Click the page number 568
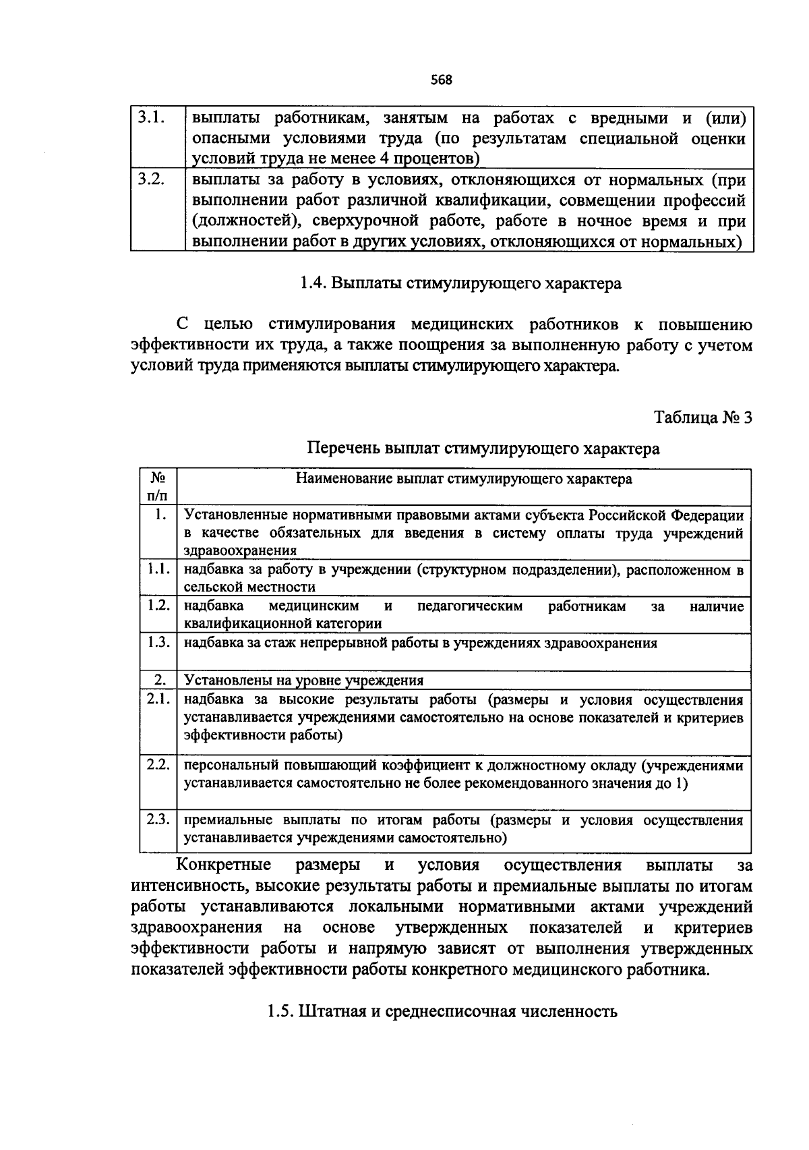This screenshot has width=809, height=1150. [x=441, y=80]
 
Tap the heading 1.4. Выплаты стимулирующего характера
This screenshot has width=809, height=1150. [x=460, y=283]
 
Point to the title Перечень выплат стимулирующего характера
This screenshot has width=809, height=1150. [x=483, y=449]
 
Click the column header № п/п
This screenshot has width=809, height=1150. [x=158, y=486]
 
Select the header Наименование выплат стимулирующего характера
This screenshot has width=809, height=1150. [x=464, y=479]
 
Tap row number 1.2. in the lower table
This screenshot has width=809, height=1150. [x=158, y=605]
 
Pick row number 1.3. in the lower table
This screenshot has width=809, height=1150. [x=158, y=641]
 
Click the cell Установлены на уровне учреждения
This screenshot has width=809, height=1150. [x=304, y=680]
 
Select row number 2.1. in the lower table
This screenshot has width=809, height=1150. [x=158, y=699]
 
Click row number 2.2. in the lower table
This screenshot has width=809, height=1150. [x=158, y=764]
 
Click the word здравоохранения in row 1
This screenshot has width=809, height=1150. [x=240, y=551]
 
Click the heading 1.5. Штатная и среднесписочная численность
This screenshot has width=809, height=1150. [x=442, y=1012]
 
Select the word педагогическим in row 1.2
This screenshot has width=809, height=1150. [x=470, y=606]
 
